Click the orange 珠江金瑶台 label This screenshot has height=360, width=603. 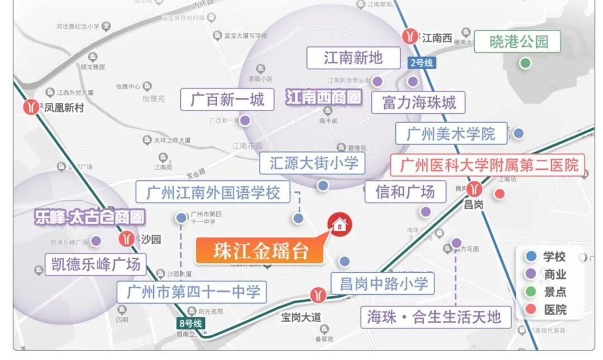tap(260, 251)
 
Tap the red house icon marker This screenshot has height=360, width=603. tap(339, 225)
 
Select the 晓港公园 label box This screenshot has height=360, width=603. tap(518, 42)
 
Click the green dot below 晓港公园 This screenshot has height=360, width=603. tap(525, 63)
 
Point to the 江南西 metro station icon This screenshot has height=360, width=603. tap(410, 37)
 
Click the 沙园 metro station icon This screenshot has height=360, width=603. tap(127, 239)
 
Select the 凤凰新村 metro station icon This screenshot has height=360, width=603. tap(32, 107)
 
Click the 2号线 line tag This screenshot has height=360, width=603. tap(421, 63)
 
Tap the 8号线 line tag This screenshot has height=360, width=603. tap(190, 323)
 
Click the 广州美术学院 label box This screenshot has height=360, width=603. tap(451, 134)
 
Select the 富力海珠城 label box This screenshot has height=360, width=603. tap(419, 103)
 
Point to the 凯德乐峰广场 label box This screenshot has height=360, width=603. tap(95, 263)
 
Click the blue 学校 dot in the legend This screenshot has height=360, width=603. tap(531, 257)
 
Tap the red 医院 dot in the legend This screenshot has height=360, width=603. tap(531, 309)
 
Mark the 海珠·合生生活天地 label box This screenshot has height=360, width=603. tap(435, 317)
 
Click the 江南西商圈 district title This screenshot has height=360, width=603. tap(324, 97)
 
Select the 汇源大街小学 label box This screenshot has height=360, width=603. tap(312, 163)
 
